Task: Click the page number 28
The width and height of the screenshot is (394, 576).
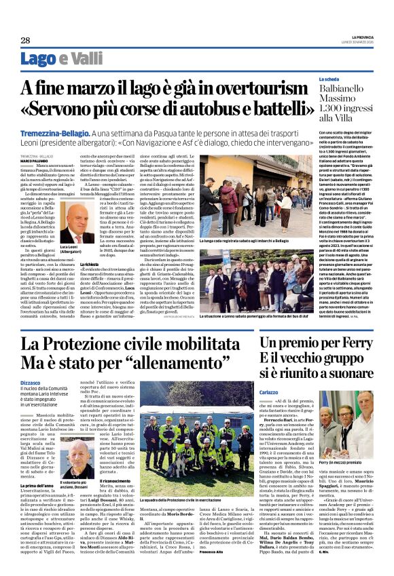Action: tap(16, 41)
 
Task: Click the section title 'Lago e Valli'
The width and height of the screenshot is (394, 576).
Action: tap(57, 59)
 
